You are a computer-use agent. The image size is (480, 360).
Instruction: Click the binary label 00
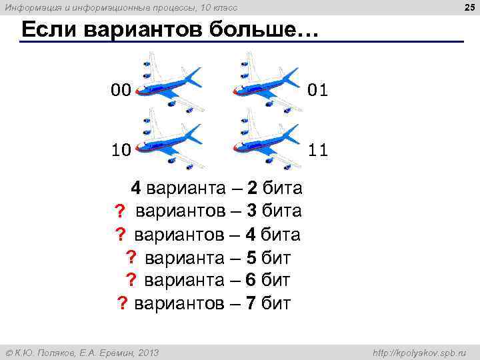121,89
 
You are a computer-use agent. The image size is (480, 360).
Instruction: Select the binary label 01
318,89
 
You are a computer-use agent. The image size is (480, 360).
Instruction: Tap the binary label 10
121,150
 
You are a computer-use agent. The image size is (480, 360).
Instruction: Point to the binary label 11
318,150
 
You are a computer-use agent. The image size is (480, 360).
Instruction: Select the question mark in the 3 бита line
120,212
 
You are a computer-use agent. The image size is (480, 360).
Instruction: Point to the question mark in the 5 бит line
131,258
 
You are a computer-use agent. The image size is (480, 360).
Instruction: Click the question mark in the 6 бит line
131,281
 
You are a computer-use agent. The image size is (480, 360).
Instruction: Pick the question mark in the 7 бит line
122,304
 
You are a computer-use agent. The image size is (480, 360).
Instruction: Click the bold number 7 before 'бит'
251,304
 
